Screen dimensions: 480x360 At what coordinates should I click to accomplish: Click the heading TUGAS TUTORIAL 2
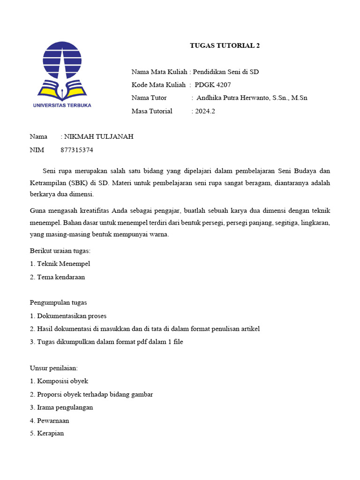click(225, 45)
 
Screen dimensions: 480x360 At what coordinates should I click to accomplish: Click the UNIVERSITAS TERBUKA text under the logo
click(62, 105)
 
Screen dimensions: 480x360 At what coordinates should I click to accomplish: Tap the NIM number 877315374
click(77, 150)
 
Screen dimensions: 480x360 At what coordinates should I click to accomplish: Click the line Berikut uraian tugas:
click(60, 251)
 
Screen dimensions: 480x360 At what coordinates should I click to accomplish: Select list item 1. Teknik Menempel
click(60, 264)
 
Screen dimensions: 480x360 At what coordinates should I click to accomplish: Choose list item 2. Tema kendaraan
click(57, 277)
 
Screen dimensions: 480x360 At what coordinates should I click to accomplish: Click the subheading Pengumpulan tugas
click(59, 303)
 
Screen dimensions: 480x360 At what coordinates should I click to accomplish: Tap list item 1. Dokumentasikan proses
click(68, 316)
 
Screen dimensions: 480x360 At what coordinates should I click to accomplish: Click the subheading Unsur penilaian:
click(54, 368)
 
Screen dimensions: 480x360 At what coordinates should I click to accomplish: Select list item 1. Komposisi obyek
click(59, 381)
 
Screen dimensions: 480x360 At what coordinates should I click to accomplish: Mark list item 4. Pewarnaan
click(49, 420)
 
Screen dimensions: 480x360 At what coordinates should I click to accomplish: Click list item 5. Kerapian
click(47, 434)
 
